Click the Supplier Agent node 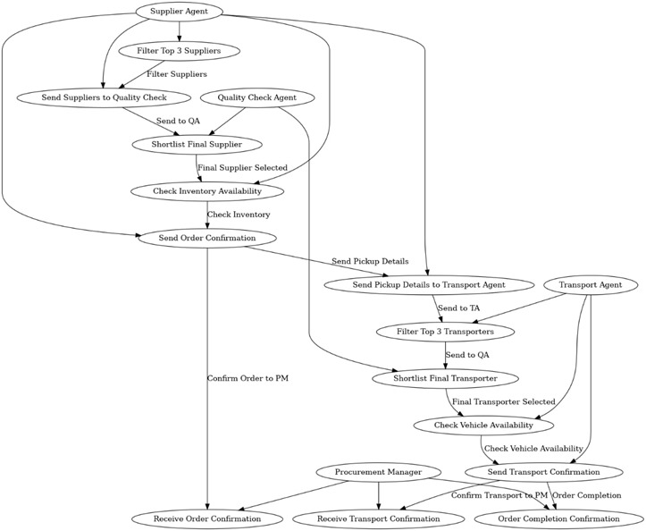point(179,11)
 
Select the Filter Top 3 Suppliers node point(179,51)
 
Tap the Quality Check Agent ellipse point(256,97)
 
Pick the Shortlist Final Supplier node point(197,144)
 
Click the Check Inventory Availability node point(207,191)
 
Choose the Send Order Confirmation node point(207,238)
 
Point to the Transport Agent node point(591,285)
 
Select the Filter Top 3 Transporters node point(445,332)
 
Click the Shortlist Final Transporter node point(445,378)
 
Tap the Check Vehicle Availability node point(483,425)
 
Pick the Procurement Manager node point(378,472)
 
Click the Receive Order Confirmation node point(207,518)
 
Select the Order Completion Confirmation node point(558,518)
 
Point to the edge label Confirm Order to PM point(247,378)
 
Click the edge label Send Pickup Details point(370,261)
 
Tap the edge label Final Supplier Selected point(242,168)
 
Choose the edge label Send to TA point(458,308)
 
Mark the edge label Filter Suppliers point(177,74)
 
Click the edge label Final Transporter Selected point(503,401)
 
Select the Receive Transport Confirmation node point(378,518)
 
